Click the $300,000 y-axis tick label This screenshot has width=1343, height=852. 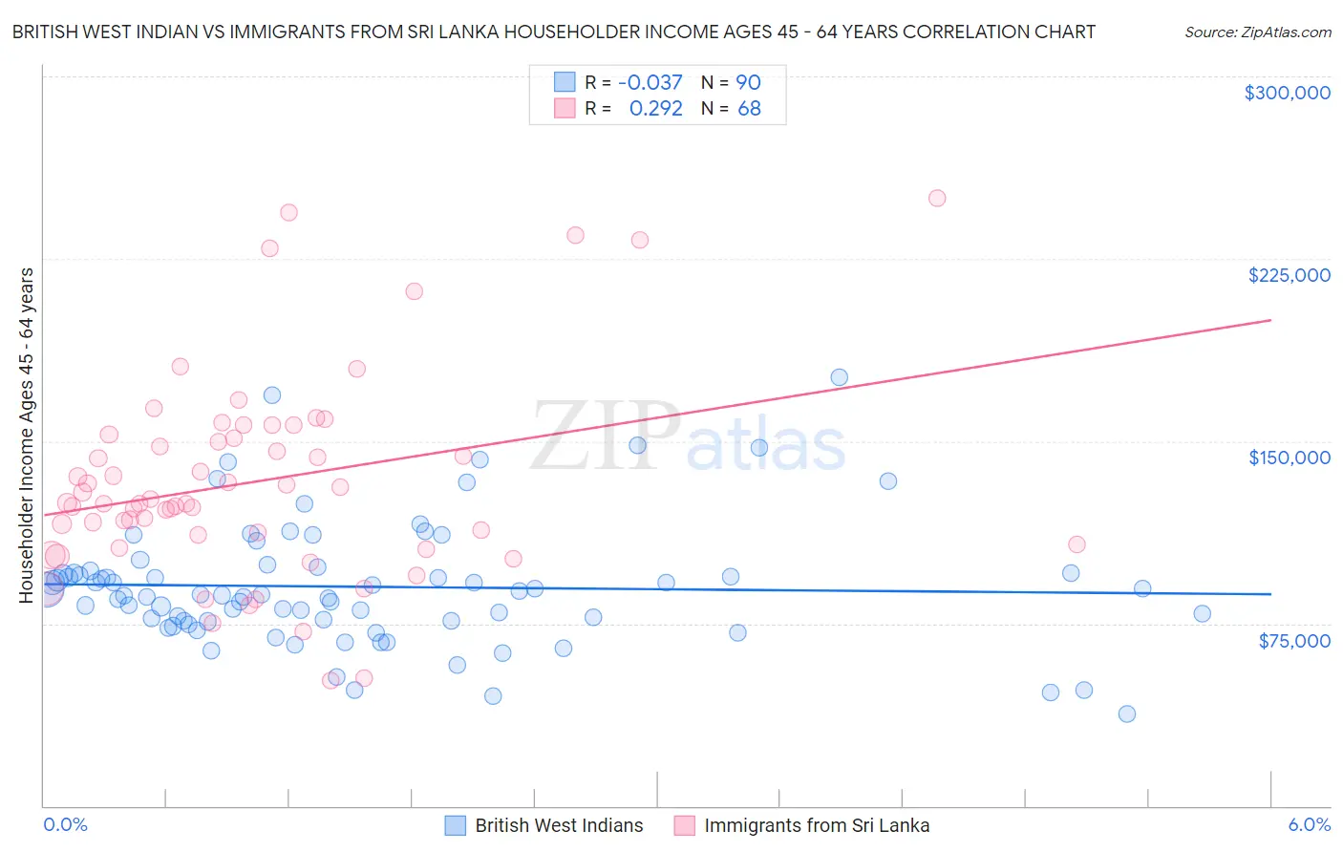1287,93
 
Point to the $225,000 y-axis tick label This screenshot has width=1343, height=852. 1289,275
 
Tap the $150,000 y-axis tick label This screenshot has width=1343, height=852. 1289,458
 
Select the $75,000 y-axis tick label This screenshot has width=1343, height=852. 1293,641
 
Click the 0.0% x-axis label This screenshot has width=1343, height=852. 65,824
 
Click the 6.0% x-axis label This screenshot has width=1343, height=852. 1309,824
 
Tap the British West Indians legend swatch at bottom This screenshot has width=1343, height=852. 456,825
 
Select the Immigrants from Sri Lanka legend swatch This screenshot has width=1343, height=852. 684,825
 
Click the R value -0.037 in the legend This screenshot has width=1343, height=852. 650,83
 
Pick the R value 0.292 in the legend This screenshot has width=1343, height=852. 655,109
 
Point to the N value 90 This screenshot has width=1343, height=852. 748,83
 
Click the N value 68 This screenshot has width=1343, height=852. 749,109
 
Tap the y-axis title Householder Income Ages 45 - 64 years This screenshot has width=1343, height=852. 27,435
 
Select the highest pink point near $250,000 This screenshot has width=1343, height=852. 937,199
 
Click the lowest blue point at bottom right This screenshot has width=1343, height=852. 1127,714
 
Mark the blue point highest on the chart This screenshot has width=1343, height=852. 839,377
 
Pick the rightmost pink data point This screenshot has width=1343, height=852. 1077,544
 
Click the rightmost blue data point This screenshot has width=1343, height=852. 1202,613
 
